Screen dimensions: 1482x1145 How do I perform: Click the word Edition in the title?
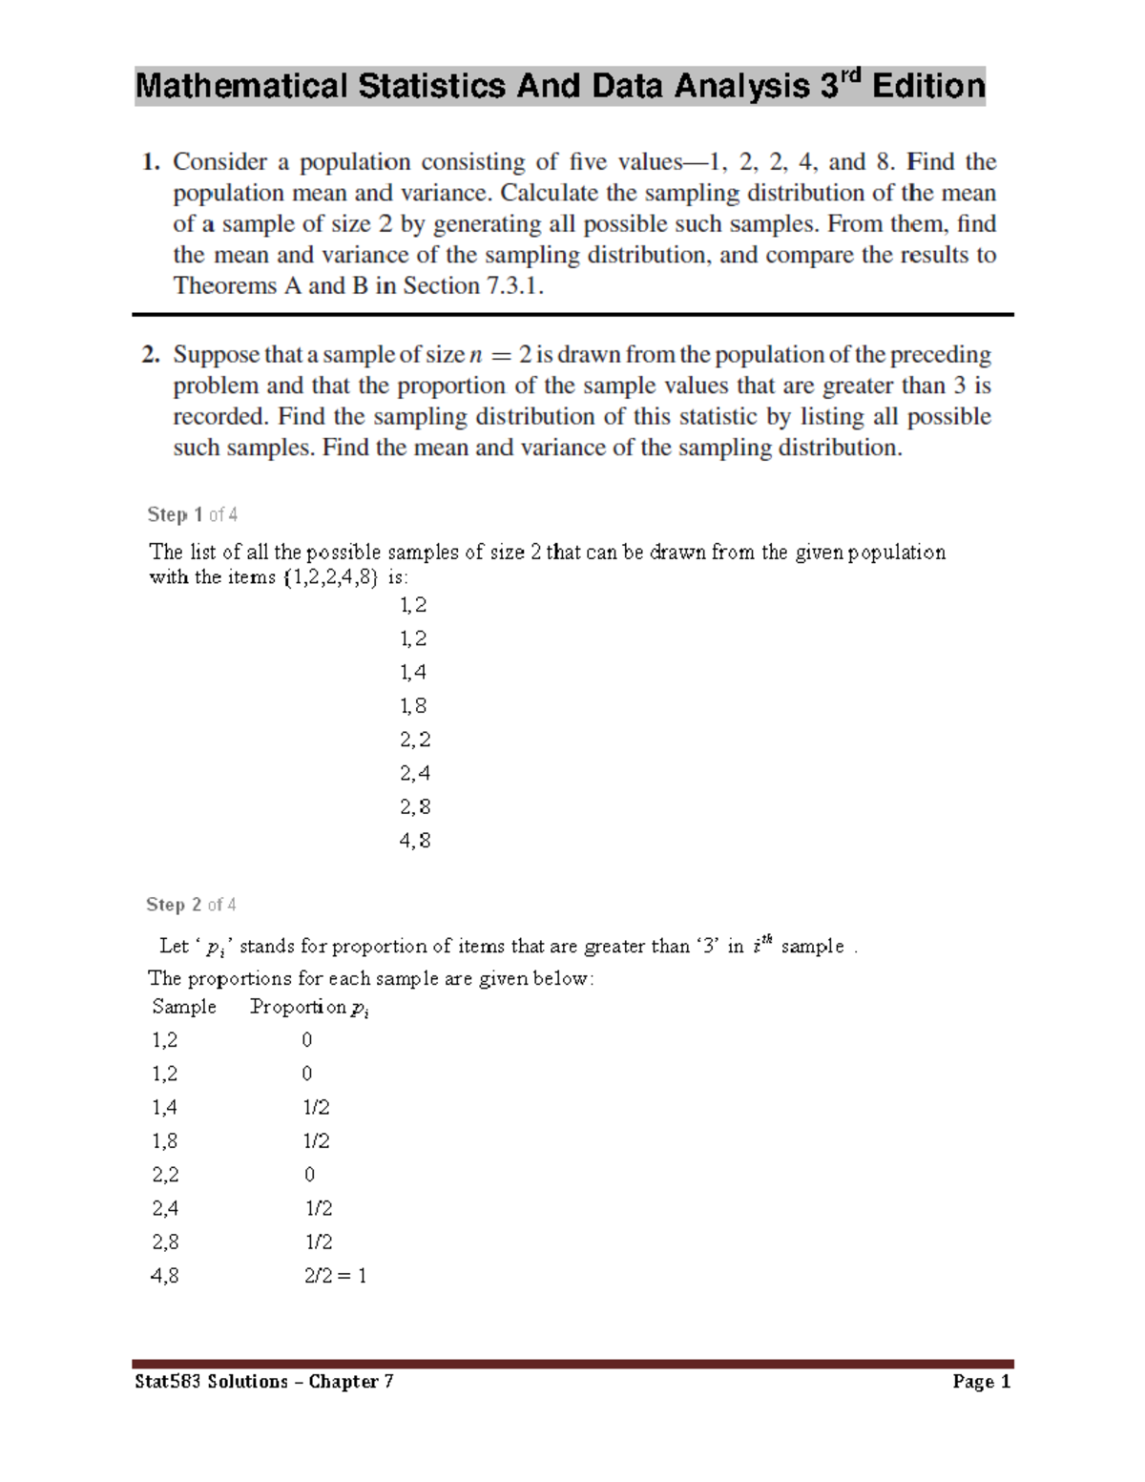927,87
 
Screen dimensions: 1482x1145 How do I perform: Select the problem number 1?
150,162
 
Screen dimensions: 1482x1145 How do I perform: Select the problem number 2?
150,355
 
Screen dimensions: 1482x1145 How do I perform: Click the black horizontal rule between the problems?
572,314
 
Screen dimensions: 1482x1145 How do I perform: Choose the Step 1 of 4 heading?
192,515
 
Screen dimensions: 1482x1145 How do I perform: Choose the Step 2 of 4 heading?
191,905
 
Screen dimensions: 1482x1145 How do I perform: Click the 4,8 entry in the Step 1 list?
414,841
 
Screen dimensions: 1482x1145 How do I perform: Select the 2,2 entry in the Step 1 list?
414,740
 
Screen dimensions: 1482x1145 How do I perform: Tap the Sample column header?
184,1007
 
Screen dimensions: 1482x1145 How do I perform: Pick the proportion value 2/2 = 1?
335,1276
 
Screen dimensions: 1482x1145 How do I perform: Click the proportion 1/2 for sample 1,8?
317,1141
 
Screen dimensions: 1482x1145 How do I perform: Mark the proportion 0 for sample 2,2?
309,1175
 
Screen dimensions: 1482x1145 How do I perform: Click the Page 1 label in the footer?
981,1382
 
